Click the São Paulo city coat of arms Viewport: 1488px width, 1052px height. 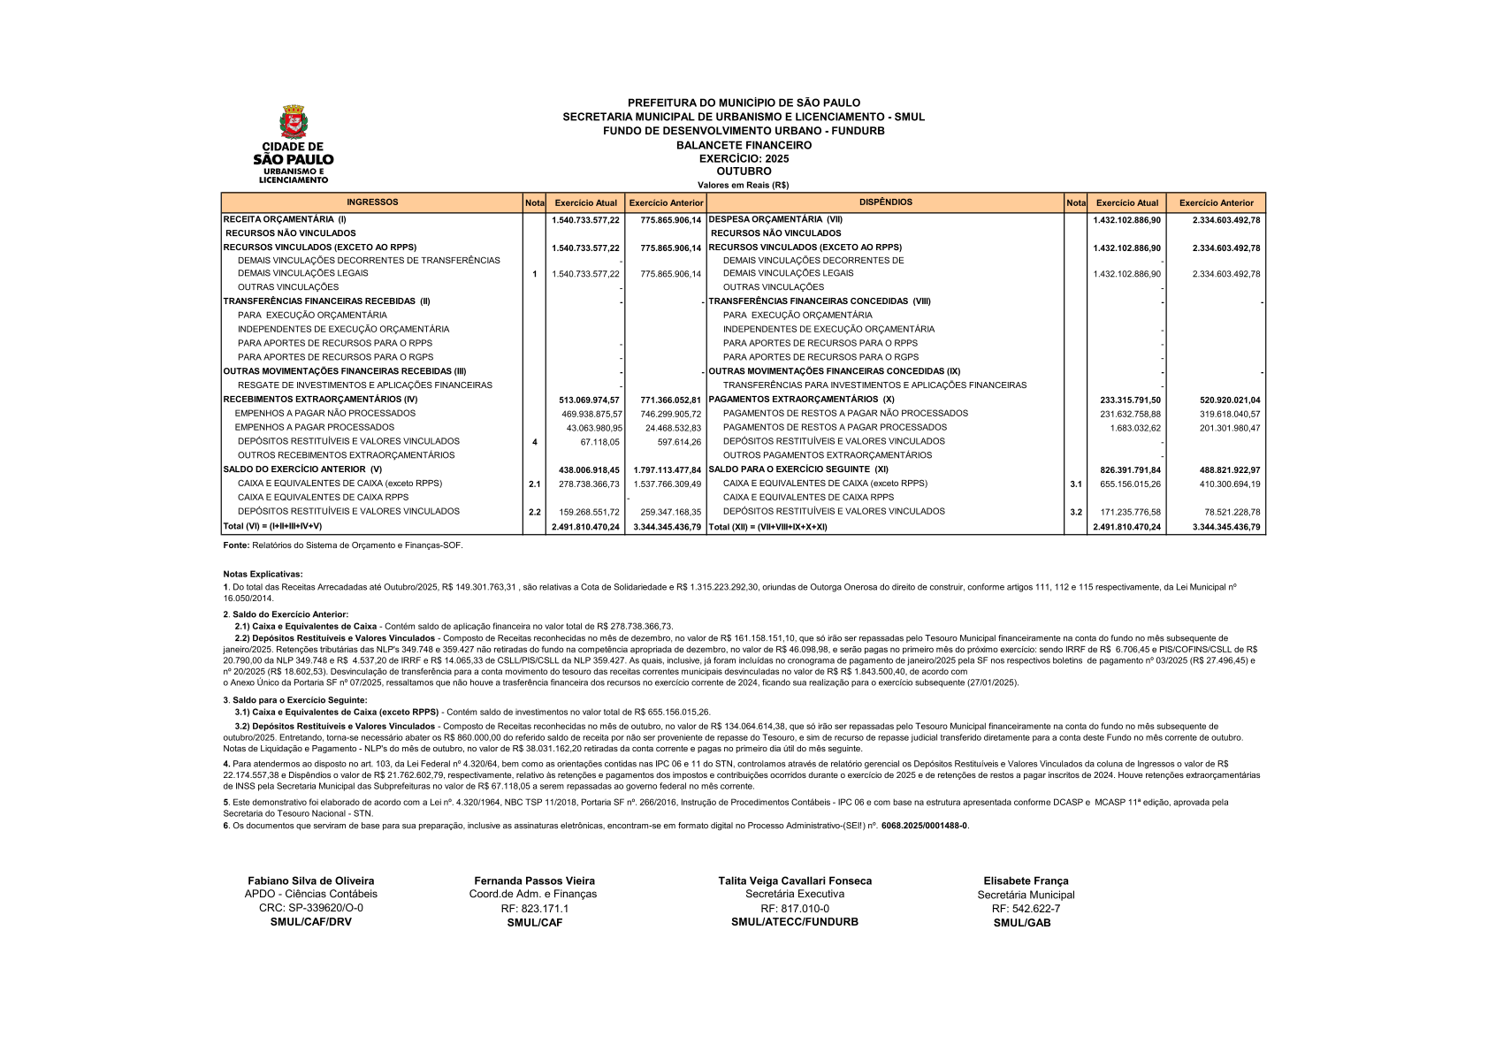coord(293,122)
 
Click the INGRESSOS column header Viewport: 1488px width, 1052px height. coord(372,202)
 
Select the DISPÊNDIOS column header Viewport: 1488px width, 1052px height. coord(885,202)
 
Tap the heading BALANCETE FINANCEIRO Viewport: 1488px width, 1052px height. coord(744,145)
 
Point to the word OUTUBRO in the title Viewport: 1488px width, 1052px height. coord(744,172)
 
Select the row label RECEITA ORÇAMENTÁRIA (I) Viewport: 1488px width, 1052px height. coord(285,219)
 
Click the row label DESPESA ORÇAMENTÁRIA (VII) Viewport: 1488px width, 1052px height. coord(775,219)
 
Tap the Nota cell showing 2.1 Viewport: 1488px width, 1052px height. coord(534,484)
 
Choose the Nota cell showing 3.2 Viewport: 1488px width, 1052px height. coord(1075,512)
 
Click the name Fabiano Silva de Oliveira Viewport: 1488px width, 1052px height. coord(310,880)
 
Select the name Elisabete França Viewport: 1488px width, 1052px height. coord(1026,880)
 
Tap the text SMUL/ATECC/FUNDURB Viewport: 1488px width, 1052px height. coord(794,921)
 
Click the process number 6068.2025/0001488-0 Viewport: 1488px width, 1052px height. coord(924,826)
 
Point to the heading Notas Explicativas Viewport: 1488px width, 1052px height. coord(263,574)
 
